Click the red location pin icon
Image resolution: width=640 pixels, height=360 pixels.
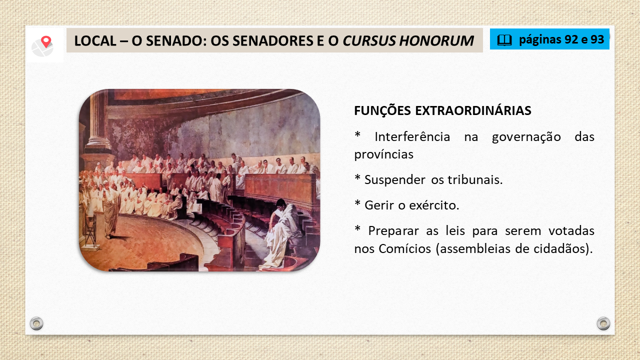point(46,41)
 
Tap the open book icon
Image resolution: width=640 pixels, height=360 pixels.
point(504,40)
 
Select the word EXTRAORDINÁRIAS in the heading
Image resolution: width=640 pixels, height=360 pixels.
point(473,110)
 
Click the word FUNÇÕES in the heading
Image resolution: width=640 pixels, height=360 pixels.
point(382,111)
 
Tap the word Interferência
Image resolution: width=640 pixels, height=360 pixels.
point(412,136)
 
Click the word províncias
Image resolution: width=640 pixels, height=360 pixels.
point(383,154)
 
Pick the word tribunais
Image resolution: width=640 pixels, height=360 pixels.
point(475,179)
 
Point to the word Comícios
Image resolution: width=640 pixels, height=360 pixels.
point(405,248)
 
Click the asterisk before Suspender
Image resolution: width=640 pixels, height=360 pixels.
point(357,177)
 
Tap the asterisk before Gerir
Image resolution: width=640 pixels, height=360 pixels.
point(357,203)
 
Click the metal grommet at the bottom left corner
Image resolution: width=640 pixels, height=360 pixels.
point(36,323)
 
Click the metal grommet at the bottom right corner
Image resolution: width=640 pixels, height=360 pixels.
point(603,323)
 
